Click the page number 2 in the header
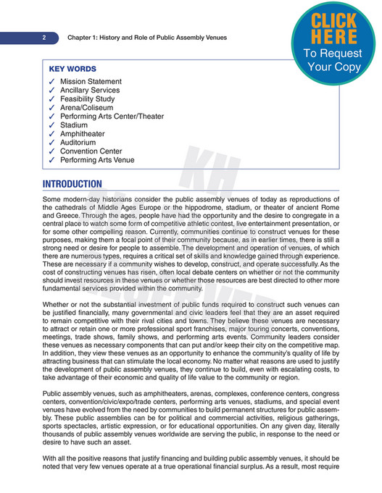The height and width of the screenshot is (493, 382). click(x=44, y=37)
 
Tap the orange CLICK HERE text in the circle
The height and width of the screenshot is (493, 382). click(x=334, y=28)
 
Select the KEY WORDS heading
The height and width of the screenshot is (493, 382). click(x=72, y=69)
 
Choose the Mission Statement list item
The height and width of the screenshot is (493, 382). click(x=91, y=82)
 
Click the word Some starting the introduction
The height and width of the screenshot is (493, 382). click(x=53, y=198)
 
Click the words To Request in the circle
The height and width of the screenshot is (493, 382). click(x=334, y=53)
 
